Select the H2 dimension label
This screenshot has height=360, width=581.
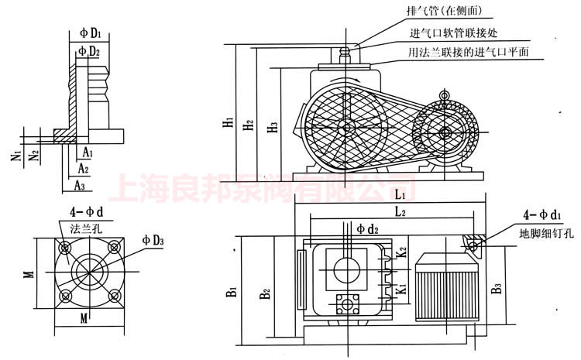tap(247, 124)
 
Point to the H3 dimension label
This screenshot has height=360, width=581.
tap(270, 127)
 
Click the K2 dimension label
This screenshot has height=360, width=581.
tap(401, 253)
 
